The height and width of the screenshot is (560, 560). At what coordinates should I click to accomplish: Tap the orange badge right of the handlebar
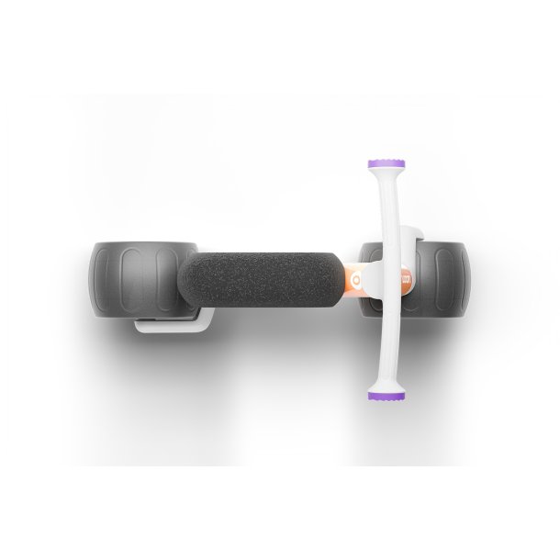pos(405,277)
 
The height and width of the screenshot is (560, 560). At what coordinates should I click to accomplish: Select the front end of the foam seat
pos(340,277)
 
